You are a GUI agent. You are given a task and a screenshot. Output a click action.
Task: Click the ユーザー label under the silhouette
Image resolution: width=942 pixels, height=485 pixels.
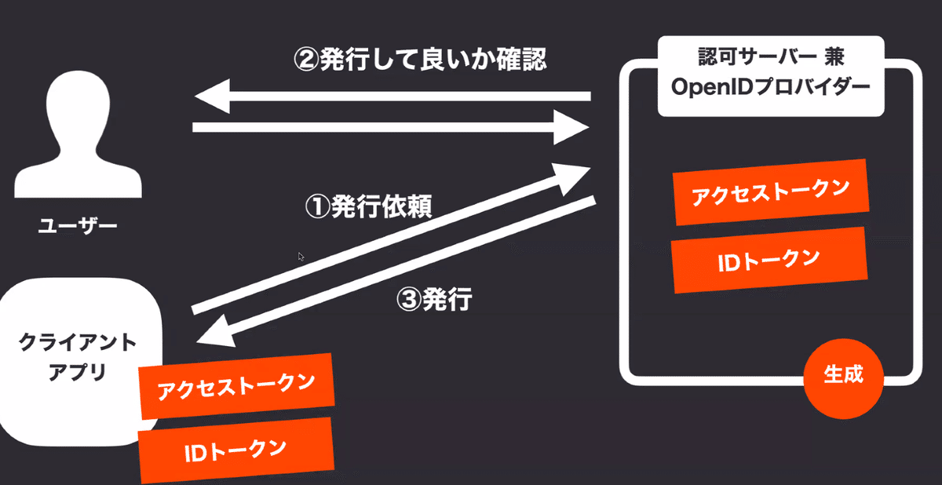tap(78, 226)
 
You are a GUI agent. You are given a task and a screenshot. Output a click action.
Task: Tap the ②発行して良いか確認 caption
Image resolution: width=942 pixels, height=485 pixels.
tap(420, 60)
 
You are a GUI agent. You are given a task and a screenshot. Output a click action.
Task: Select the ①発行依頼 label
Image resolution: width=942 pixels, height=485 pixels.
tap(368, 206)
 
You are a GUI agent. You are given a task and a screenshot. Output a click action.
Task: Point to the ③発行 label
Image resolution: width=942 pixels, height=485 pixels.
tap(434, 299)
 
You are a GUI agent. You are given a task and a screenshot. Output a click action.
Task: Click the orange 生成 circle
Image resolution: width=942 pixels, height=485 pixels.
tap(843, 379)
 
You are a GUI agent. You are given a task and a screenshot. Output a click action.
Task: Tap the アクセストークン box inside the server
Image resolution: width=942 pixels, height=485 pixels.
tap(771, 192)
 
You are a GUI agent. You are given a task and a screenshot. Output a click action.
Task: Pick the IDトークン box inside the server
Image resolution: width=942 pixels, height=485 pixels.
tap(769, 260)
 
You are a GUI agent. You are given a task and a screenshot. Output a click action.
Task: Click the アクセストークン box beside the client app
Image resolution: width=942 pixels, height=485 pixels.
tap(236, 386)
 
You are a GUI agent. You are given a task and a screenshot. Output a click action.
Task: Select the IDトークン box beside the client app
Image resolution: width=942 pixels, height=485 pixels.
tap(236, 450)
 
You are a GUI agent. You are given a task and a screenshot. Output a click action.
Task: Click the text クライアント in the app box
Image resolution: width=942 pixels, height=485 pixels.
tap(78, 342)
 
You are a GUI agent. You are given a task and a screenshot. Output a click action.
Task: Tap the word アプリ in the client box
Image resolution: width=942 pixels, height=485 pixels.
tap(78, 372)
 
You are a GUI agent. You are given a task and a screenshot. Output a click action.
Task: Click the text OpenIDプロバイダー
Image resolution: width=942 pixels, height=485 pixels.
tap(770, 87)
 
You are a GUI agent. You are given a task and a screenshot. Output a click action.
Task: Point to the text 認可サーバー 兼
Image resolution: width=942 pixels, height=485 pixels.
tap(771, 57)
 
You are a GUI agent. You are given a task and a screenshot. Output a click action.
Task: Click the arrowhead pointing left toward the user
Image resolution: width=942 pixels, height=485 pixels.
tap(213, 97)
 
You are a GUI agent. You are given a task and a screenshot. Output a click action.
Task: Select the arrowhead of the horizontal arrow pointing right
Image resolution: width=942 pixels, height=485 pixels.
tap(571, 127)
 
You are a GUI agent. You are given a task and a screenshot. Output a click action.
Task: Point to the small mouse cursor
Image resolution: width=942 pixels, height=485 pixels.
tap(301, 257)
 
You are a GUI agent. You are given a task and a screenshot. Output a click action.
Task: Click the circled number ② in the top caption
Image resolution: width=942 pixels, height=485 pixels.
tap(307, 60)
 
